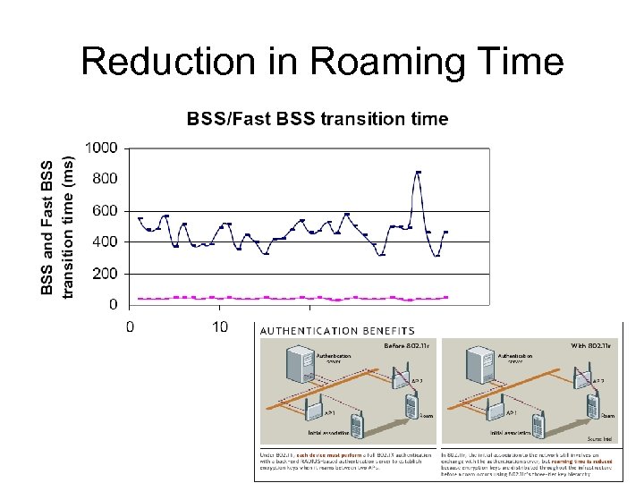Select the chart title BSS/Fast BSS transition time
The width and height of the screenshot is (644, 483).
[x=317, y=119]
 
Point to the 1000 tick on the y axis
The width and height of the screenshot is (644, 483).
[x=100, y=148]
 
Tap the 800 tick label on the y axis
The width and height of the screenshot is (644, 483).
[x=105, y=179]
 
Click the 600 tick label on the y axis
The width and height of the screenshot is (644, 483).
[x=105, y=210]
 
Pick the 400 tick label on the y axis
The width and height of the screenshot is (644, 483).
[x=105, y=241]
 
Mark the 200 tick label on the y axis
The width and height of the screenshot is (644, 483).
[x=105, y=274]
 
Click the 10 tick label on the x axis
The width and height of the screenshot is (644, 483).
[x=220, y=326]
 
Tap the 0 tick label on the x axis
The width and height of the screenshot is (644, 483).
[x=130, y=326]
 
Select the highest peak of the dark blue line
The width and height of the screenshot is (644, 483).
[x=418, y=172]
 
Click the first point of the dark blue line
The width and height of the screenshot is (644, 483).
[x=140, y=218]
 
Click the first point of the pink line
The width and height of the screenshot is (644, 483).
[x=140, y=299]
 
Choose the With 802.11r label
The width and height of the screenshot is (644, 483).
[x=592, y=343]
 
